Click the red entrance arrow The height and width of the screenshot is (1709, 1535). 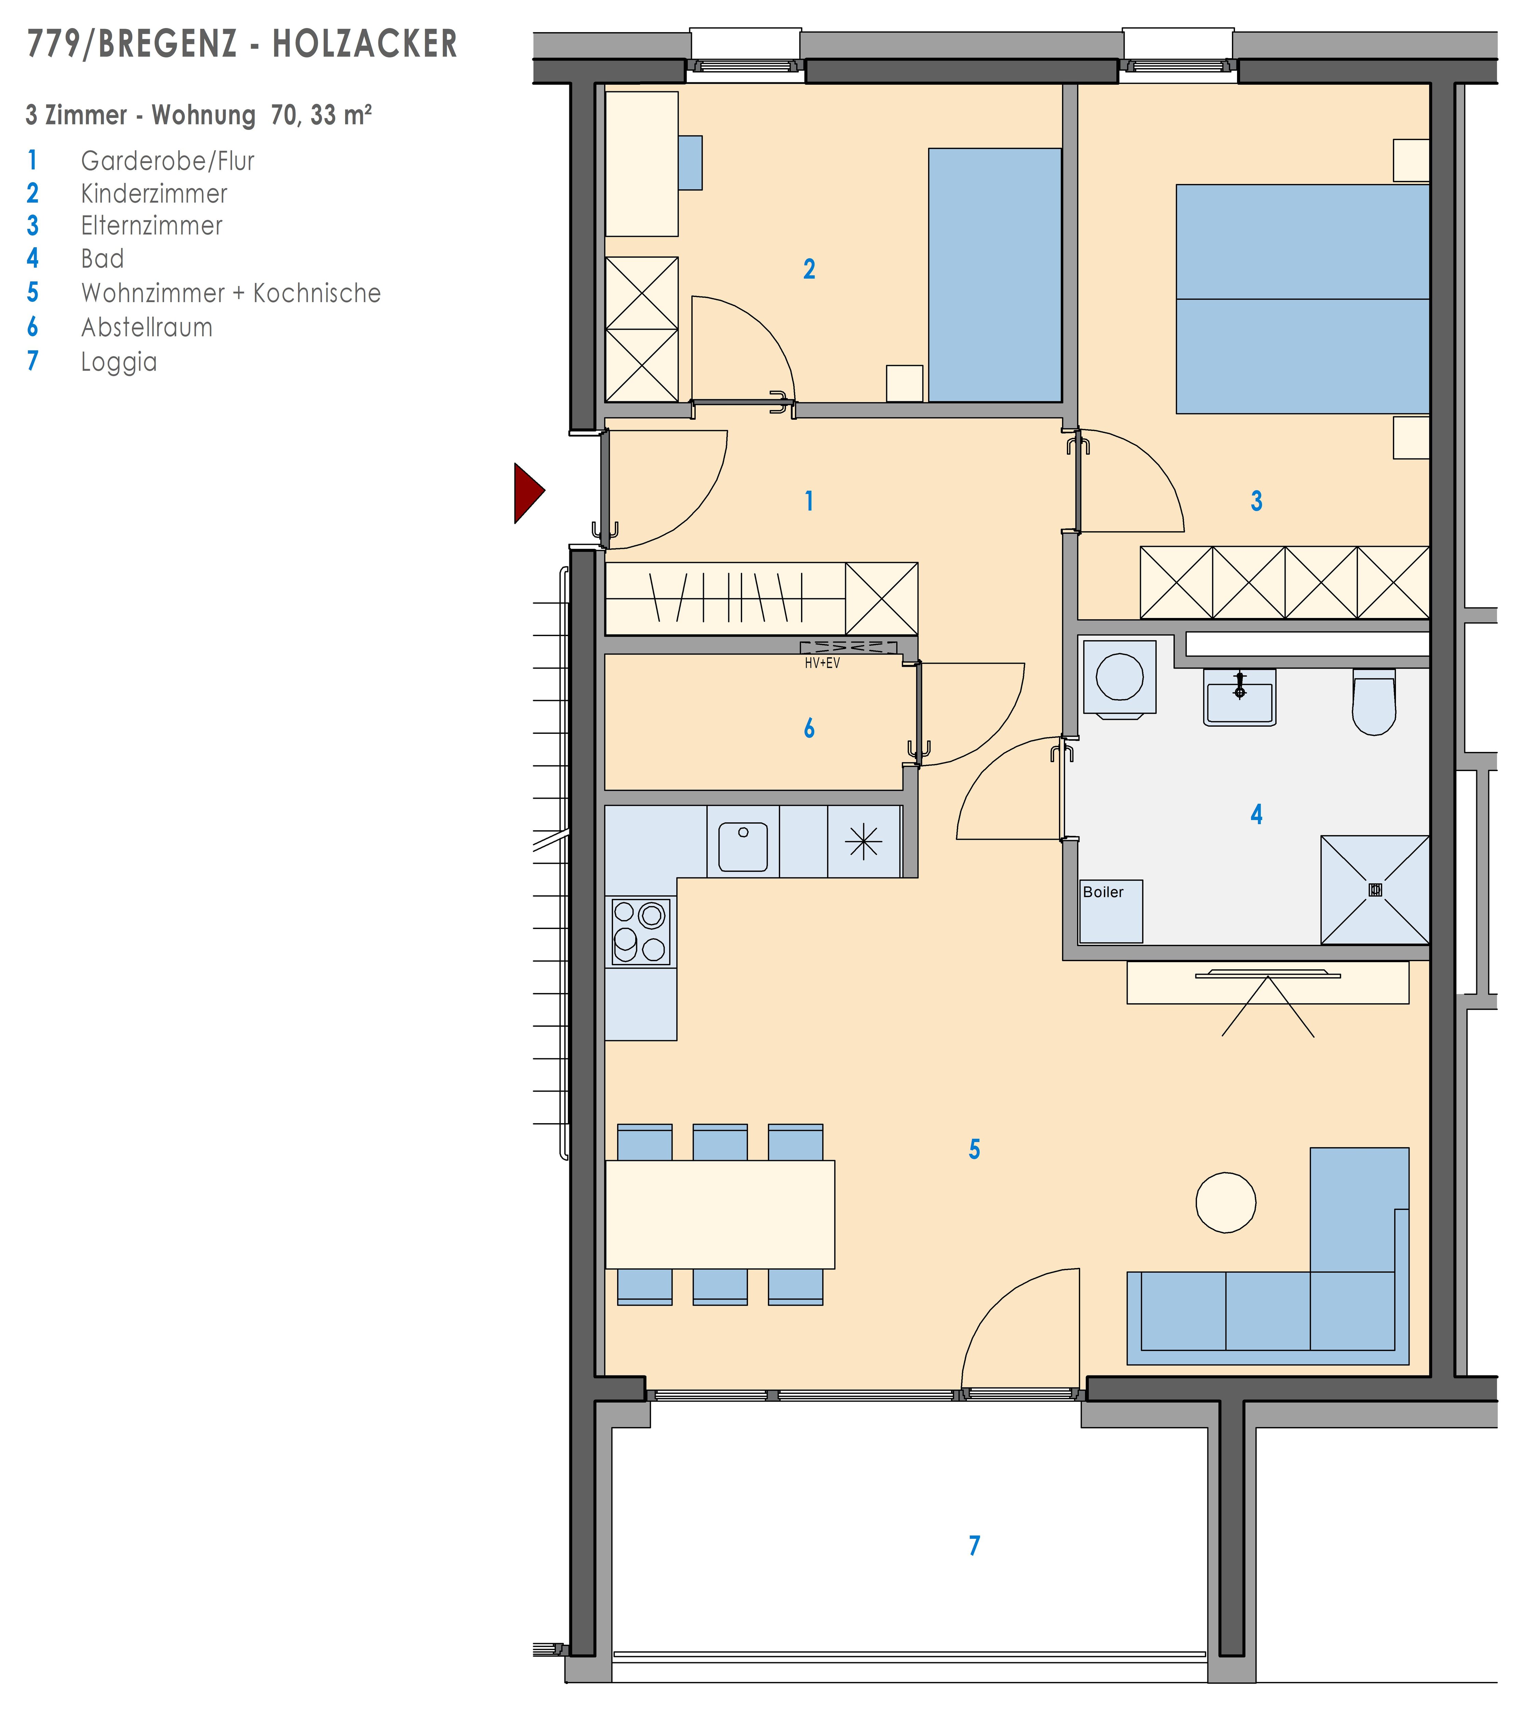tap(528, 493)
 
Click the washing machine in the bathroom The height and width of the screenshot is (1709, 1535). tap(1119, 678)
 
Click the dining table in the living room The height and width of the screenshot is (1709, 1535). tap(720, 1215)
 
